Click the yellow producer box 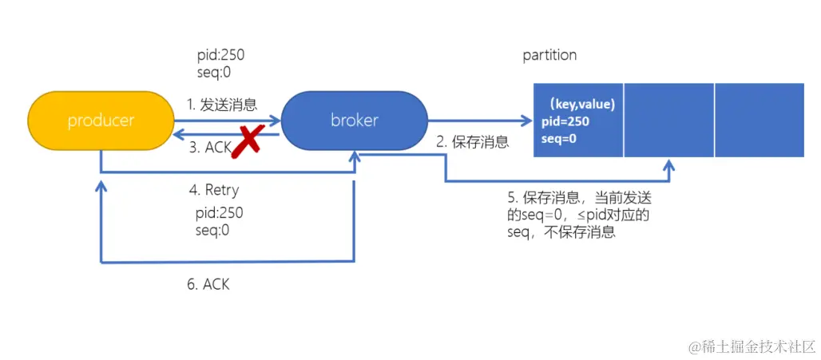coord(101,121)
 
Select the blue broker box coord(354,121)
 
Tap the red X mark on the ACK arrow coord(249,140)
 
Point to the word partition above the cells coord(549,55)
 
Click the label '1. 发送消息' coord(222,103)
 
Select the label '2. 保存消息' coord(472,142)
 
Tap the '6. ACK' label coord(208,283)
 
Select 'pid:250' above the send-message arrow coord(220,55)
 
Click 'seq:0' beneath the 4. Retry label coord(212,230)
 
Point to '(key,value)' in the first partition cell coord(579,103)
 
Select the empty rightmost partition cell coord(759,120)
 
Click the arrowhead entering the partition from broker coord(526,121)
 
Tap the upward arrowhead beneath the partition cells coord(669,164)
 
